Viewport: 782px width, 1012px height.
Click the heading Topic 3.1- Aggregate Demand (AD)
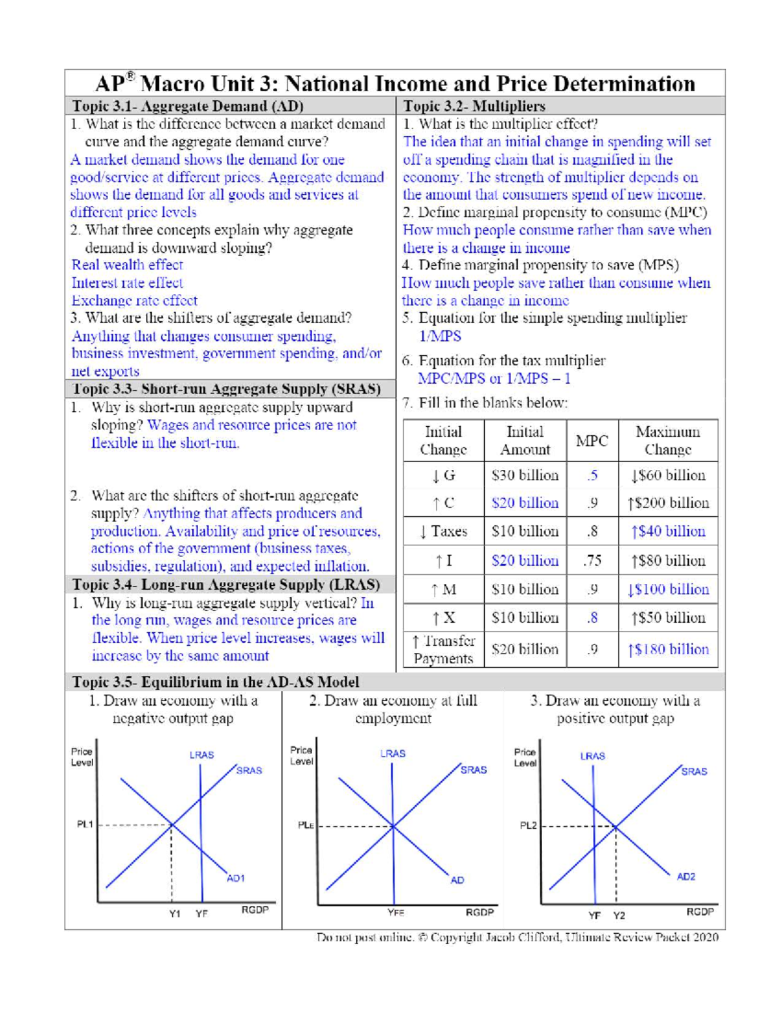pos(188,106)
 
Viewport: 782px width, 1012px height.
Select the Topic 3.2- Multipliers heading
pos(474,106)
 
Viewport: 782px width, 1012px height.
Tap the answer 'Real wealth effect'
pos(127,265)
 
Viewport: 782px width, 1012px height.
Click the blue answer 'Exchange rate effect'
pos(134,300)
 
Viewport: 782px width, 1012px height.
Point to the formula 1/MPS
pos(440,336)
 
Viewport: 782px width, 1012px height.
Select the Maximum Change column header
pos(667,441)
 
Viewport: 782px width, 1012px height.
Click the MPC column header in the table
pos(592,441)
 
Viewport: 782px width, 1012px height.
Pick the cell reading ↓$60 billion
pos(667,475)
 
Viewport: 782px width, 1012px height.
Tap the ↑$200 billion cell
pos(667,503)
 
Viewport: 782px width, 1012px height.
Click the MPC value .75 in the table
pos(592,560)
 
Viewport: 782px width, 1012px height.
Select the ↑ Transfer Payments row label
pos(443,650)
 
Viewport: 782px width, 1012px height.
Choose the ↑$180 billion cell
pos(667,650)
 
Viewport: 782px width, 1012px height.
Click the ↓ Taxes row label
pos(443,531)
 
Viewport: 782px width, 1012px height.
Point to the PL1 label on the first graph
pos(85,824)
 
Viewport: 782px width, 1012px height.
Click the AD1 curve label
pos(235,878)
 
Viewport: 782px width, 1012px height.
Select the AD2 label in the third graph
pos(686,877)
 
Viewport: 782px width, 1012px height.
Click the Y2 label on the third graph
pos(618,916)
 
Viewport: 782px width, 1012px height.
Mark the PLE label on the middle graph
pos(306,825)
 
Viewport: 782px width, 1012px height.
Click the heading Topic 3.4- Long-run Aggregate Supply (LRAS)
pos(225,585)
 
